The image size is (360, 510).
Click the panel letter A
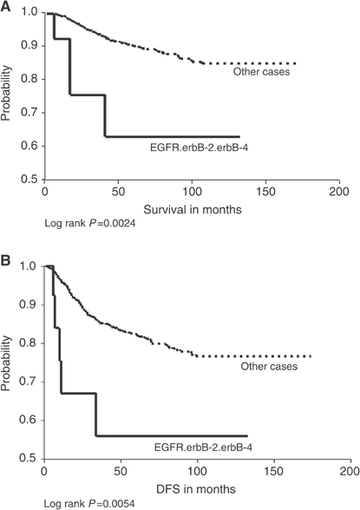pyautogui.click(x=7, y=8)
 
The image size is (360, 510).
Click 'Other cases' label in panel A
pyautogui.click(x=262, y=72)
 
